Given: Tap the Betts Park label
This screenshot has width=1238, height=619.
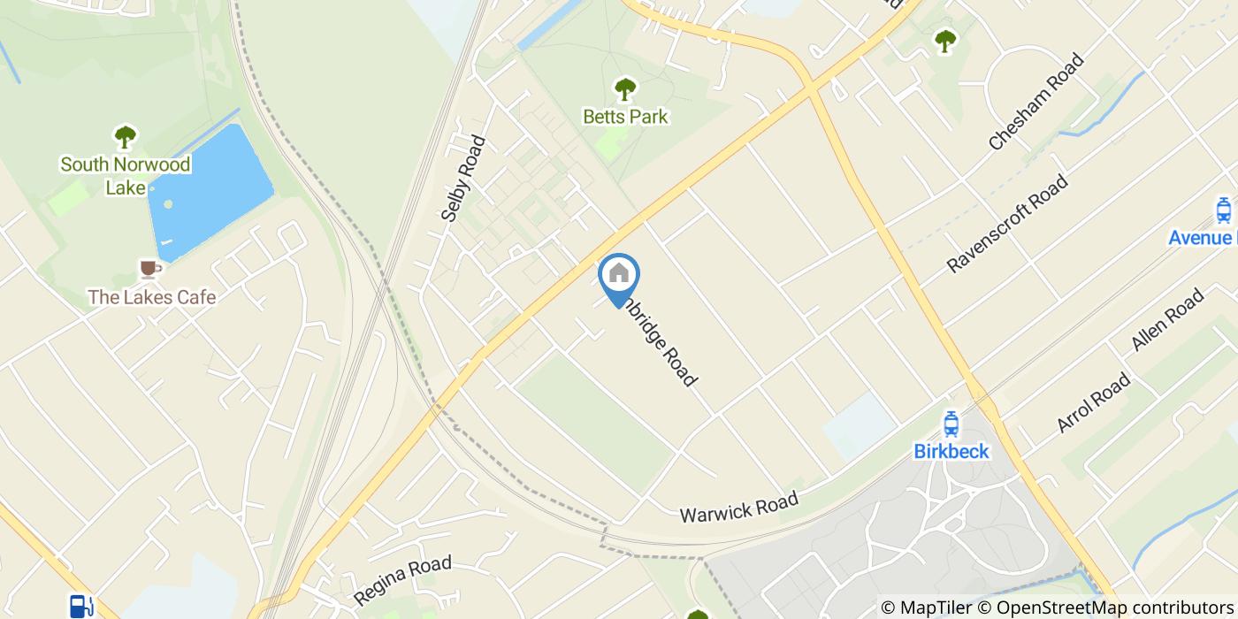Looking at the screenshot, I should [x=625, y=117].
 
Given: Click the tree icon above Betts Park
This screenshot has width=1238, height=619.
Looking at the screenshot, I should [x=625, y=89].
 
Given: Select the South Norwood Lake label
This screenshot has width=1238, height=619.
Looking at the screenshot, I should [x=126, y=175].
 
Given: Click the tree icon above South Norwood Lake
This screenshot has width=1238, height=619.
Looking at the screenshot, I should [x=126, y=137].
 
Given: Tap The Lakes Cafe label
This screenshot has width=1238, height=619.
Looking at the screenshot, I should [x=151, y=297].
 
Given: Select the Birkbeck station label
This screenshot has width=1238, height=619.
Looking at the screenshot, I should [x=951, y=452].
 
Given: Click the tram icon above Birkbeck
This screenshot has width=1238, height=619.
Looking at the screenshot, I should [x=951, y=424].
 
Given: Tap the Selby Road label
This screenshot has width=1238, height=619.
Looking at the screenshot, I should [x=464, y=178].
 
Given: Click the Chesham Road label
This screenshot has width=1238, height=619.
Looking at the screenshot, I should [x=1036, y=102].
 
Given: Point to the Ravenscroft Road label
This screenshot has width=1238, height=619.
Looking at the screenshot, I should [x=1007, y=224].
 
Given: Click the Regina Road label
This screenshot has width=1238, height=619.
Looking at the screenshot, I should [x=402, y=580].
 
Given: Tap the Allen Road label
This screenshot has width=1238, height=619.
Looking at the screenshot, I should [x=1168, y=320].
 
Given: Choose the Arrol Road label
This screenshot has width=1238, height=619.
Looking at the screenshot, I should [x=1094, y=402].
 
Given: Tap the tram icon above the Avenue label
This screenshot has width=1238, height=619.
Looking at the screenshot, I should [x=1224, y=210].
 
